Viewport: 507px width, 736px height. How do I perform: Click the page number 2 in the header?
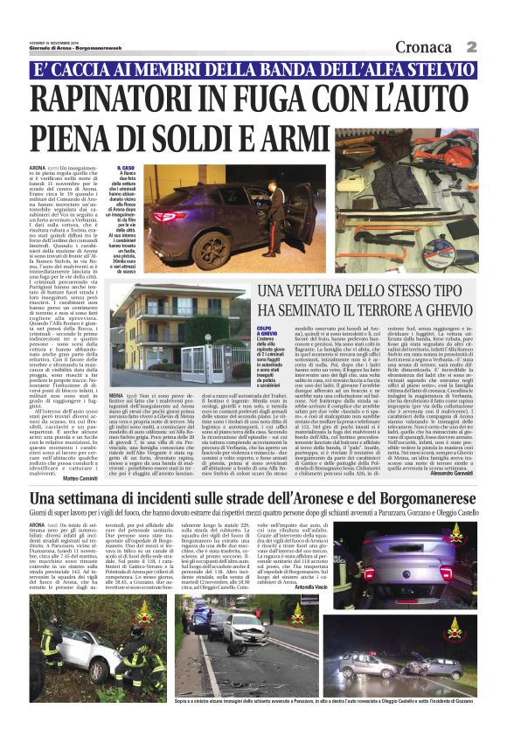pos(495,46)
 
